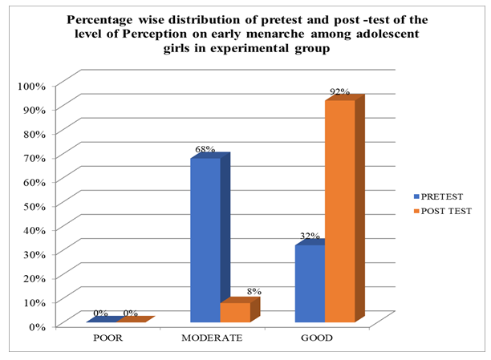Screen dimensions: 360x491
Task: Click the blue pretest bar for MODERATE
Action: point(205,241)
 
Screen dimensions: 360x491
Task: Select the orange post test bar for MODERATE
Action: point(235,312)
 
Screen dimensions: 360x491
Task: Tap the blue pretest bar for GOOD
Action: point(309,284)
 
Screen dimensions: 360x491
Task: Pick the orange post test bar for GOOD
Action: point(339,212)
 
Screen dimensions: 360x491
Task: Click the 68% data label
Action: point(204,150)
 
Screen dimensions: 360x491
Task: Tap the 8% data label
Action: point(254,292)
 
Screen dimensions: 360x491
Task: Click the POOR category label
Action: point(108,338)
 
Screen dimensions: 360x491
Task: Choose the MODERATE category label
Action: point(213,338)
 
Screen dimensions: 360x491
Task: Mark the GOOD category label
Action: point(317,338)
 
